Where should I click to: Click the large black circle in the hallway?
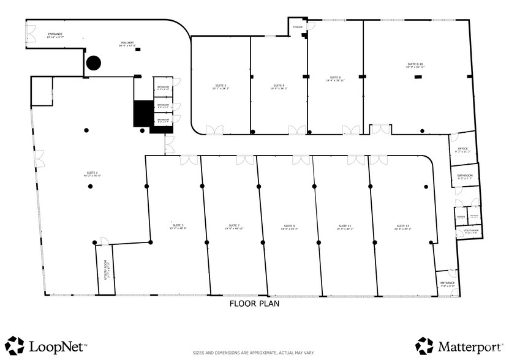[x=93, y=62]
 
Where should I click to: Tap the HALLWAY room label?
[x=127, y=43]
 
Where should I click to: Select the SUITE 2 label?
[x=221, y=86]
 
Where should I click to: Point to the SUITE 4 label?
[x=279, y=86]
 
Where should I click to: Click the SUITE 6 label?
[x=335, y=78]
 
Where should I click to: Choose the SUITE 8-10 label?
[x=415, y=64]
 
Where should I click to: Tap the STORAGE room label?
[x=298, y=27]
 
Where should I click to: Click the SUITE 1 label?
[x=92, y=173]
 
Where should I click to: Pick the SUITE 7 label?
[x=234, y=226]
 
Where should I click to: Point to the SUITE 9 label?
[x=289, y=226]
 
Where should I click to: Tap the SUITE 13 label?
[x=403, y=226]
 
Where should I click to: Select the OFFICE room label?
[x=462, y=149]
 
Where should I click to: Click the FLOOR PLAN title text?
[x=254, y=304]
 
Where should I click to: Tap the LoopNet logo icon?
[x=15, y=345]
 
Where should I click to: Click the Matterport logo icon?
[x=424, y=345]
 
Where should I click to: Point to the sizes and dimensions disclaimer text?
[x=254, y=353]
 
